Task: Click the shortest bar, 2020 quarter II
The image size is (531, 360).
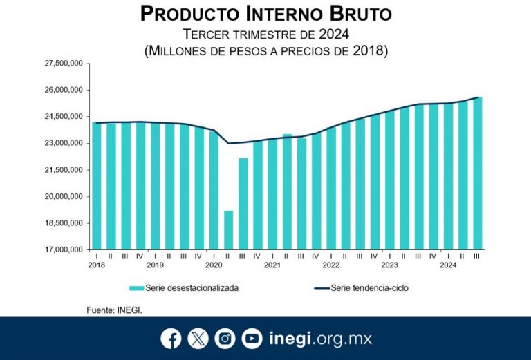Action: (228, 230)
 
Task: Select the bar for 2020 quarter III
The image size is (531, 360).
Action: (243, 204)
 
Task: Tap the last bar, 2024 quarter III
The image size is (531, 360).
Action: (477, 173)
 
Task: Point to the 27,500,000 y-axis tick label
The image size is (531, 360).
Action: (64, 64)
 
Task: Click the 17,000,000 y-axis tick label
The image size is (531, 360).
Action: (64, 249)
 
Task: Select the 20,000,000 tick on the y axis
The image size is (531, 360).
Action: (64, 196)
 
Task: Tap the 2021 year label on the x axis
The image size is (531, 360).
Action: (272, 265)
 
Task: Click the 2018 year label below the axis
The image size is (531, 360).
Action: (96, 265)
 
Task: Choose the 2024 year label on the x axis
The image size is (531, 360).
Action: (448, 265)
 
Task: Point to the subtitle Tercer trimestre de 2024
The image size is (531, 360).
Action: (265, 34)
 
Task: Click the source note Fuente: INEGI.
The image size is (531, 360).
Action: (115, 310)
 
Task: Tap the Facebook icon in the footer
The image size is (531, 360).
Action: (171, 339)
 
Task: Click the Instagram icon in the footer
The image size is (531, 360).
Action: (225, 339)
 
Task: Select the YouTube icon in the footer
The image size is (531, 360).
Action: (252, 339)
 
